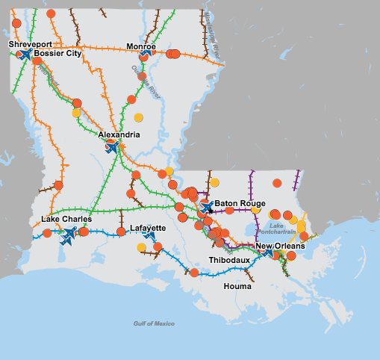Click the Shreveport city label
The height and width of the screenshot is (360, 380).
pos(31,45)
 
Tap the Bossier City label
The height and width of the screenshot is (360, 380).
pos(57,54)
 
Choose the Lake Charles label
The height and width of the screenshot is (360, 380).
pos(66,220)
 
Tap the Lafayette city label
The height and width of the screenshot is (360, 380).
pos(148,228)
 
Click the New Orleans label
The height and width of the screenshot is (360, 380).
pos(281,246)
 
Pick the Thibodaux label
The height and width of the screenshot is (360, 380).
pos(230,259)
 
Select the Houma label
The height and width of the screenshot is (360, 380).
pos(237,285)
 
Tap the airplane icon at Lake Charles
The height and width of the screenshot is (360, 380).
pos(69,236)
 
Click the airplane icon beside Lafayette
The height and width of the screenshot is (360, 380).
pos(152,238)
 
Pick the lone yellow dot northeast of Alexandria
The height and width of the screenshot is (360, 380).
pos(138,117)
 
